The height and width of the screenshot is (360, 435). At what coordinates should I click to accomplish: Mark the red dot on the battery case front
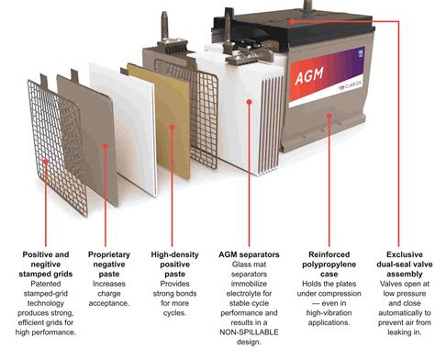329,117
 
